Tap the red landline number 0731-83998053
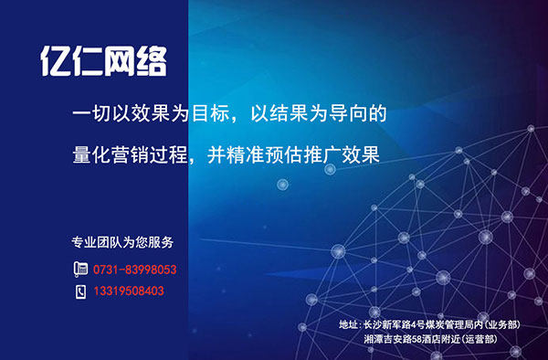click(134, 270)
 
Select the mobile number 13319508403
click(128, 291)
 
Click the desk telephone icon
click(79, 270)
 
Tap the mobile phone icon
click(79, 291)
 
